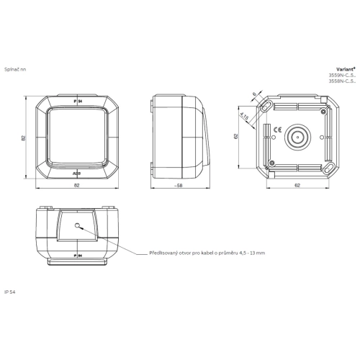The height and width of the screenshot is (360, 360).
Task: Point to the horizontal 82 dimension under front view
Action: tap(77, 186)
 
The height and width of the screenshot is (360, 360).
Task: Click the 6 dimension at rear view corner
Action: tap(254, 94)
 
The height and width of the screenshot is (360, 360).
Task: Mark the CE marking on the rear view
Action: tap(267, 130)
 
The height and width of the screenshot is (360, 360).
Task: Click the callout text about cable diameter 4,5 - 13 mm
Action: tap(207, 253)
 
